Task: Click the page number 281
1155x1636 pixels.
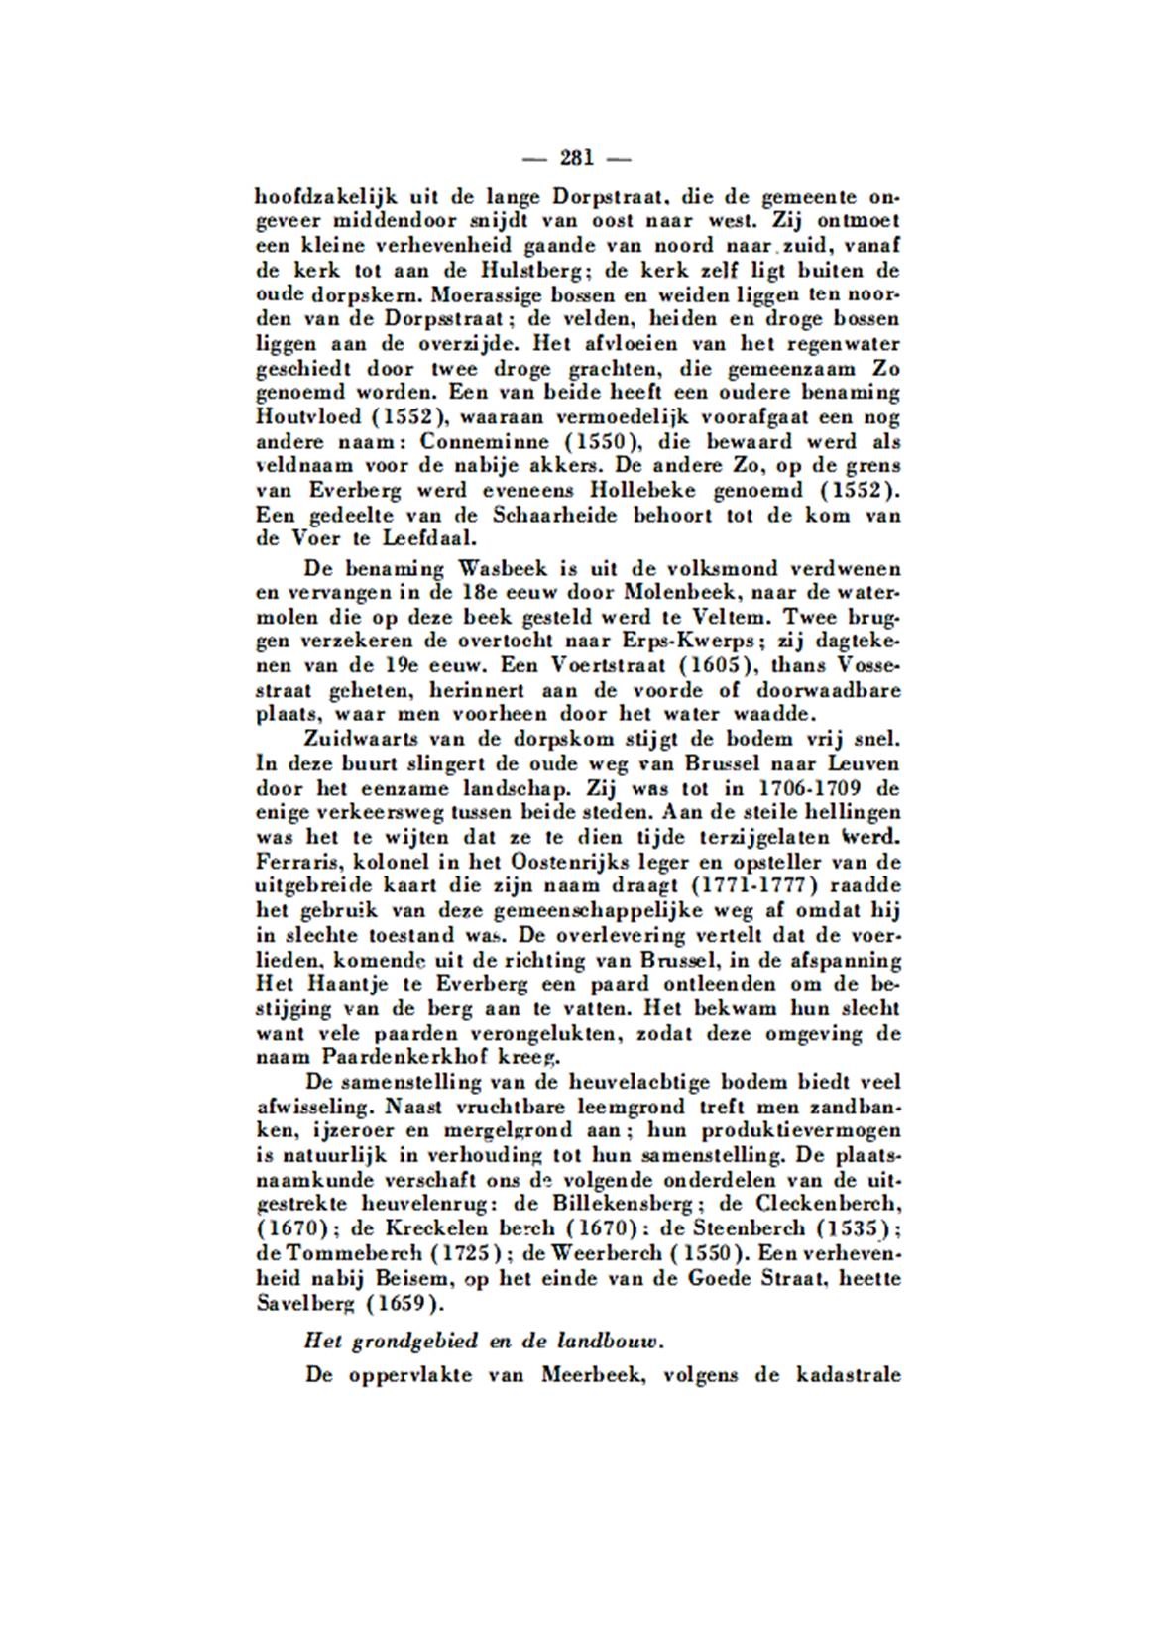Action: point(576,156)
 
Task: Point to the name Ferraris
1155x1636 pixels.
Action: point(293,862)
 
